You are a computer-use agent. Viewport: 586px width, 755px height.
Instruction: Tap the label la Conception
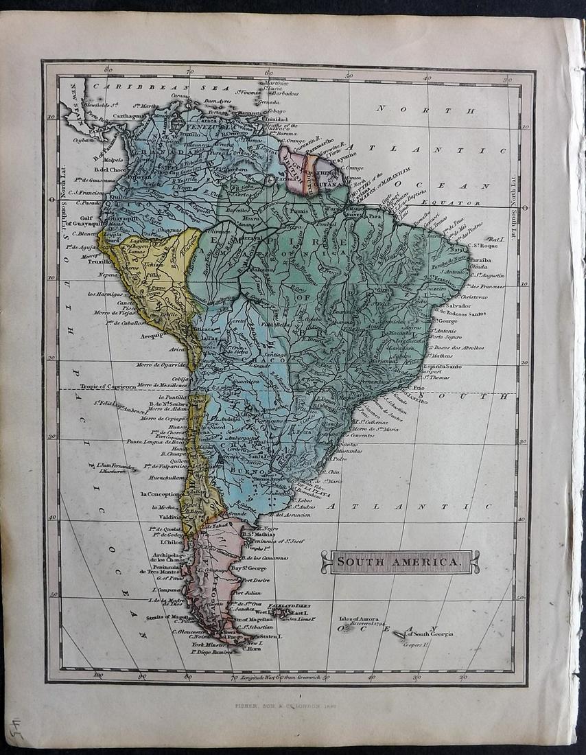pyautogui.click(x=161, y=493)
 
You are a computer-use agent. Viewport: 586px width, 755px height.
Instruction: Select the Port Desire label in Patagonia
pyautogui.click(x=250, y=581)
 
